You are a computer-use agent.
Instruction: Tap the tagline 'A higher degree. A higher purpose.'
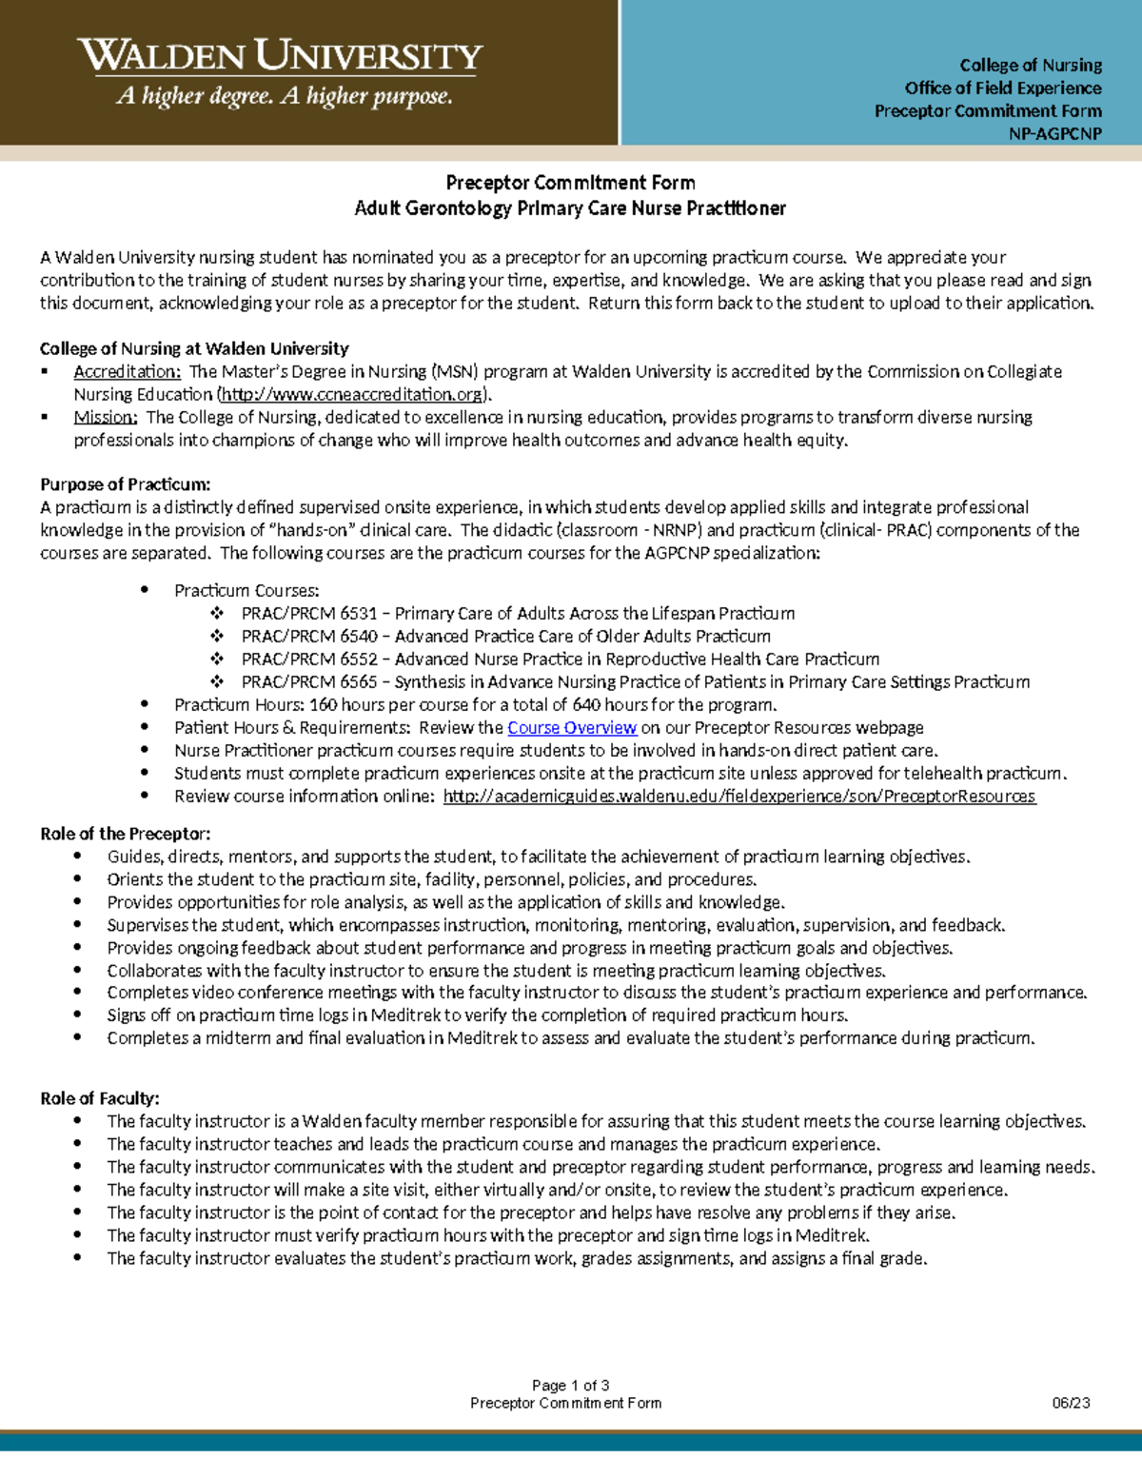(x=284, y=96)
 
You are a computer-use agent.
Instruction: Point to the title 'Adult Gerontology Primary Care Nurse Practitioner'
(x=570, y=208)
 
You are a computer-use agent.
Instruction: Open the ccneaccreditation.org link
(x=353, y=395)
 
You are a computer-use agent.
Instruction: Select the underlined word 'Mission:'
(x=106, y=418)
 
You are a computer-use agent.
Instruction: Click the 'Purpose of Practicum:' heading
(x=125, y=484)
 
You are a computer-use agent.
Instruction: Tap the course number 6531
(x=359, y=614)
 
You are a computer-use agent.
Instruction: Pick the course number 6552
(x=359, y=660)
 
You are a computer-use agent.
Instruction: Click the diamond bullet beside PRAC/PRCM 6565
(x=217, y=682)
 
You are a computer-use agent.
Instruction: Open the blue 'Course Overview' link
(x=572, y=728)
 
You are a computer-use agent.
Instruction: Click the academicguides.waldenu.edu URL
(x=738, y=797)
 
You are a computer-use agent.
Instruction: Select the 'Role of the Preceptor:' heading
(x=125, y=834)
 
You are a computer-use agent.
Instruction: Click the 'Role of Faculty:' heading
(x=100, y=1098)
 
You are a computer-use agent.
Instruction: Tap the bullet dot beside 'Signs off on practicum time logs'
(x=77, y=1015)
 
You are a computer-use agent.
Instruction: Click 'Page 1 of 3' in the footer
(x=570, y=1386)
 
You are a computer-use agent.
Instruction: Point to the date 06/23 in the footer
(x=1071, y=1403)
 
